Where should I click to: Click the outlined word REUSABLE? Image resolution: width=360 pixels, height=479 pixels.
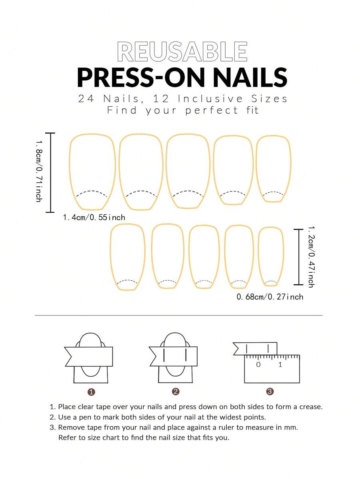point(182,52)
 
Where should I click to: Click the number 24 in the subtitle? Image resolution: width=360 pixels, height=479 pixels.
point(86,99)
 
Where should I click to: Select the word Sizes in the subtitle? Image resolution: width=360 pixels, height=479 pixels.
point(269,99)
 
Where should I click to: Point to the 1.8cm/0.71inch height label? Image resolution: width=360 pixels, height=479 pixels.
point(39,171)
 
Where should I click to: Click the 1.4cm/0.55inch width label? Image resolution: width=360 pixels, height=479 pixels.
point(94,218)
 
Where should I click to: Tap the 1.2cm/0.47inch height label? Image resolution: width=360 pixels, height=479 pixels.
point(311,257)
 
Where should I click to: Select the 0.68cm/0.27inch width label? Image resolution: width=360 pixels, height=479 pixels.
point(270,297)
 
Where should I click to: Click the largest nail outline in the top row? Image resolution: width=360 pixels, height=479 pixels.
point(70,171)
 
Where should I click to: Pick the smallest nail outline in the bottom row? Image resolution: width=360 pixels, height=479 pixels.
point(258,257)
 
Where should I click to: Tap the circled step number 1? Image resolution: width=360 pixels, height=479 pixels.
point(91,392)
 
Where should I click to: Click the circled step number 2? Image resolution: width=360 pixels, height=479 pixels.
point(176,391)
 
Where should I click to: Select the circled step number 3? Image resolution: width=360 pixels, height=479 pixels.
point(270,391)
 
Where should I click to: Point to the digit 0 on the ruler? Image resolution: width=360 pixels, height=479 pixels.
point(258,364)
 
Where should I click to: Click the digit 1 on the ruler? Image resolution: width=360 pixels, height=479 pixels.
point(280,364)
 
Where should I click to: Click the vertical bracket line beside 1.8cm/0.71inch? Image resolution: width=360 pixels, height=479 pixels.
point(50,173)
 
